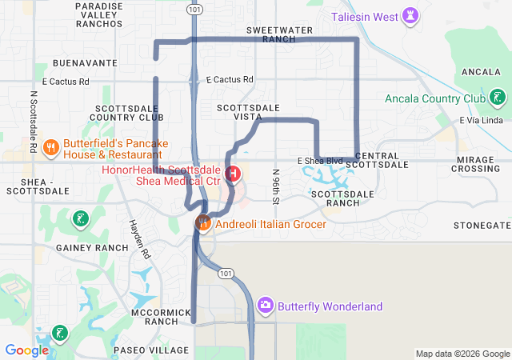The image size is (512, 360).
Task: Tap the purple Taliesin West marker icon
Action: point(411,15)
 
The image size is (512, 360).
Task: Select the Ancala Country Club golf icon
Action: point(498,98)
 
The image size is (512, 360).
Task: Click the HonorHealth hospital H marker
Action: point(233,173)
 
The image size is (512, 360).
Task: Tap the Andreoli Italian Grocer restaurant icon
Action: point(203,223)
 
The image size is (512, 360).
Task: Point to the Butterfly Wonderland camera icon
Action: point(266,306)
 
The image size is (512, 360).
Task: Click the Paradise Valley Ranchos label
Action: point(99,14)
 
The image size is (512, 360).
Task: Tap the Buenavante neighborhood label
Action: point(85,62)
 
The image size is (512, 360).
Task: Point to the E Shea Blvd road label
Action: point(320,161)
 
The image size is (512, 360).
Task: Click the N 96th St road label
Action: point(275,186)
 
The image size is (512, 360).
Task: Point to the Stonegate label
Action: point(482,226)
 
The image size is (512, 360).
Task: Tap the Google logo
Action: point(26,350)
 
